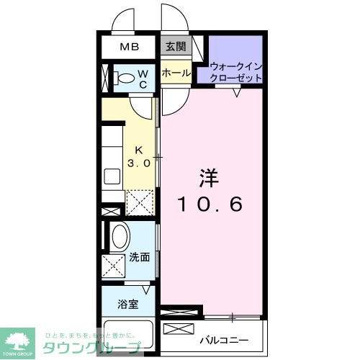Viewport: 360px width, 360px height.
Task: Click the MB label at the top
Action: pyautogui.click(x=129, y=48)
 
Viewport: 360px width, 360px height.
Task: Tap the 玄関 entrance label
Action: pyautogui.click(x=176, y=48)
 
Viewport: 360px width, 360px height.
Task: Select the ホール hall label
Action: pyautogui.click(x=176, y=73)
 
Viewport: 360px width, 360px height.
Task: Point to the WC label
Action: pyautogui.click(x=143, y=78)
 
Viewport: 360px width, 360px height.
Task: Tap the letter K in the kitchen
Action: pyautogui.click(x=140, y=150)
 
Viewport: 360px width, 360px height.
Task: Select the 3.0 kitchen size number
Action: pyautogui.click(x=140, y=163)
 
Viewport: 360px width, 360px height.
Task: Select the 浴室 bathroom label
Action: pyautogui.click(x=128, y=303)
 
